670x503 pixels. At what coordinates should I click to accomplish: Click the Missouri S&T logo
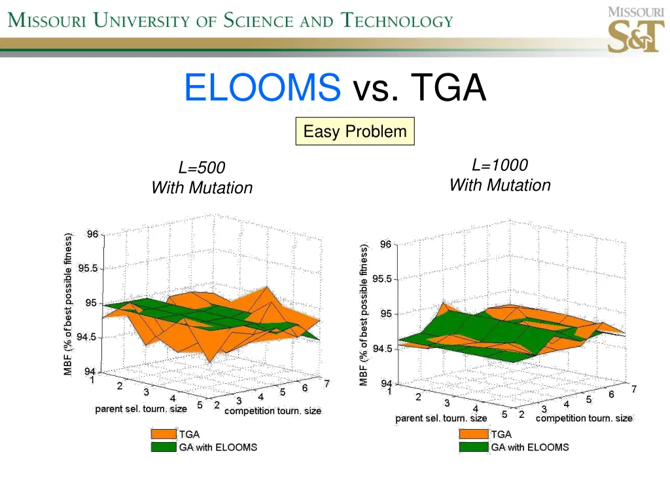pyautogui.click(x=635, y=30)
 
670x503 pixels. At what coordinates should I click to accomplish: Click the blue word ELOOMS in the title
pyautogui.click(x=262, y=88)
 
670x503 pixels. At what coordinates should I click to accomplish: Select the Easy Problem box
pyautogui.click(x=355, y=132)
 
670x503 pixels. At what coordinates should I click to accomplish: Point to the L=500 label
pyautogui.click(x=202, y=168)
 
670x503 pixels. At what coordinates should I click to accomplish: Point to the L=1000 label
pyautogui.click(x=500, y=166)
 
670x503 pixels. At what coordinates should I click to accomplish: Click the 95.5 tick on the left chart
pyautogui.click(x=88, y=269)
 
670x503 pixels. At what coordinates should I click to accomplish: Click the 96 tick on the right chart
pyautogui.click(x=385, y=245)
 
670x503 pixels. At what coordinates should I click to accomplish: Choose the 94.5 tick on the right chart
pyautogui.click(x=383, y=349)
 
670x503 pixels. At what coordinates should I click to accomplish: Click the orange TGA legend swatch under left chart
pyautogui.click(x=164, y=434)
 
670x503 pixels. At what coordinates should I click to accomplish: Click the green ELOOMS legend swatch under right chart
pyautogui.click(x=474, y=447)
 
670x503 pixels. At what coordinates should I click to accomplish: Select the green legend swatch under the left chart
pyautogui.click(x=164, y=447)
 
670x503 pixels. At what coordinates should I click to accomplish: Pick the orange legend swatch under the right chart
pyautogui.click(x=474, y=434)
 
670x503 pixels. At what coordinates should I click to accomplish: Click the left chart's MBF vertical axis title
pyautogui.click(x=68, y=305)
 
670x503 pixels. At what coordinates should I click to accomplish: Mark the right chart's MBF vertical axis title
pyautogui.click(x=364, y=314)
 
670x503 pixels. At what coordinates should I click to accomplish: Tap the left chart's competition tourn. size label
pyautogui.click(x=273, y=411)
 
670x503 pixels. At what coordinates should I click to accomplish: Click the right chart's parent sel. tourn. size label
pyautogui.click(x=441, y=419)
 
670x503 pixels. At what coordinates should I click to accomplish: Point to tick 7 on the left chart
pyautogui.click(x=326, y=384)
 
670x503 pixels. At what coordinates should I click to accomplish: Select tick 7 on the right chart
pyautogui.click(x=633, y=390)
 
